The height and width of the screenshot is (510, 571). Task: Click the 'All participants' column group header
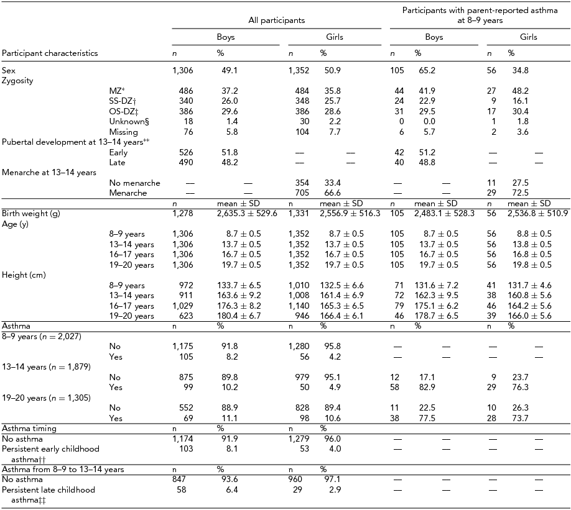[276, 20]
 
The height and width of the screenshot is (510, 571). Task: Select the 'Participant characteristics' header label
[50, 53]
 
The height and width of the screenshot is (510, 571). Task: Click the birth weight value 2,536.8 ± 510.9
[535, 213]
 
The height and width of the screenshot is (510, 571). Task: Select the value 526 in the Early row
[185, 153]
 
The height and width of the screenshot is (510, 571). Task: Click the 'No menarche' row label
[134, 183]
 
